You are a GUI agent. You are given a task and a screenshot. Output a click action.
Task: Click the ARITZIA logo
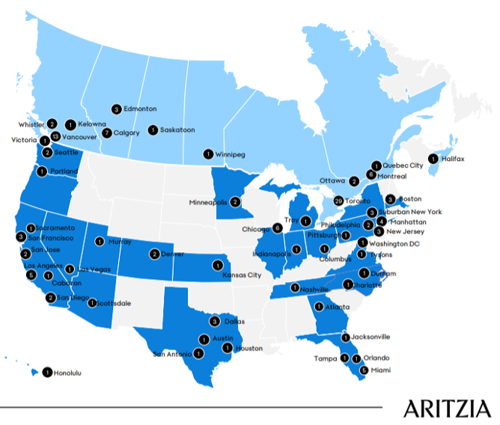447,408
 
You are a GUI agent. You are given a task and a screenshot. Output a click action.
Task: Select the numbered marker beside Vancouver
55,136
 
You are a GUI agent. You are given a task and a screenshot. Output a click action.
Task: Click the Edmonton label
140,108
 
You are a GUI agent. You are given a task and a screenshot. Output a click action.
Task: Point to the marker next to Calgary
107,133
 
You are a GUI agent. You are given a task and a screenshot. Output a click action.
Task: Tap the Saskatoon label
177,129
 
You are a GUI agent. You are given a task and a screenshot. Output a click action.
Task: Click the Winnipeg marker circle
207,154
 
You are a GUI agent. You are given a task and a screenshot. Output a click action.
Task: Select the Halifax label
453,159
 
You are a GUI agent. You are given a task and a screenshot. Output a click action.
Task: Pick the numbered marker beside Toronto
339,201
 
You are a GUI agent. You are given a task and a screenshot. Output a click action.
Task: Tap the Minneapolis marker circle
235,201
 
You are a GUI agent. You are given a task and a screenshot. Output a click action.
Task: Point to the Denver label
174,254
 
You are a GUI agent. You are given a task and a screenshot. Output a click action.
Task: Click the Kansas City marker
218,264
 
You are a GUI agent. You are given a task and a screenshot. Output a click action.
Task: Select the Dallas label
234,322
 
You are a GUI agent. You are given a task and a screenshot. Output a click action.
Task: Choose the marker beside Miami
365,370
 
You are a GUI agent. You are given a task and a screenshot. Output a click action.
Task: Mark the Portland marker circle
41,171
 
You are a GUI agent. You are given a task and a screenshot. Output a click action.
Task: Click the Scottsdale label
115,303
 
